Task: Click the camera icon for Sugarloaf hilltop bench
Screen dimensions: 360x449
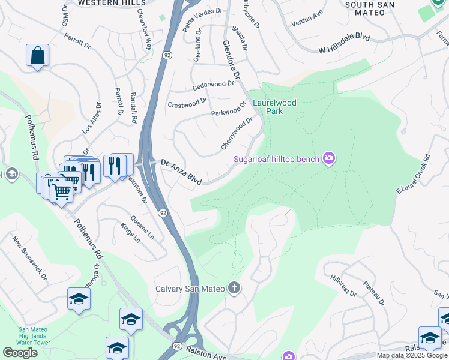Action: [x=328, y=158]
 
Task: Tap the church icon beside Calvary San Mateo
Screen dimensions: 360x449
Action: [x=234, y=289]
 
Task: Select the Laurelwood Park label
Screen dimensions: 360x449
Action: [x=274, y=107]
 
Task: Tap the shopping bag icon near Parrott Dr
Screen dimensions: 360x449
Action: [x=37, y=56]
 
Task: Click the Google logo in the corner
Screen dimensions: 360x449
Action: [x=20, y=353]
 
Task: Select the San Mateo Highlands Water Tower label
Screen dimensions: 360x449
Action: [x=34, y=336]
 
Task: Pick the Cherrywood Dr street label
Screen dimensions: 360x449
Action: [x=237, y=133]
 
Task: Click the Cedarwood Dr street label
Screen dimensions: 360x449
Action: [x=212, y=86]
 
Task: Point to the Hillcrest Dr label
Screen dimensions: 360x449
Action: [x=343, y=286]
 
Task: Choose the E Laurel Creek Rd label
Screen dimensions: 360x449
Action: [x=414, y=173]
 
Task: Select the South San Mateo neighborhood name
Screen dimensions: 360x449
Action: [x=373, y=8]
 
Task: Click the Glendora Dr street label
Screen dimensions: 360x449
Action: [x=231, y=60]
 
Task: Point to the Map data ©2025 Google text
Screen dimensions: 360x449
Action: [x=412, y=355]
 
